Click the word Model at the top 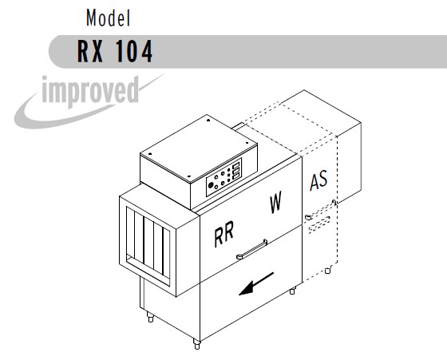click(x=108, y=18)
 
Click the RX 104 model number click(x=115, y=51)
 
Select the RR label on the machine click(x=224, y=233)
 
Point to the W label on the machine click(x=275, y=202)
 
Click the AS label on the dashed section click(x=318, y=180)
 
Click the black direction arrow click(x=256, y=283)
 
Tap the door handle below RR click(x=252, y=249)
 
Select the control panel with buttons click(x=224, y=177)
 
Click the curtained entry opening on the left click(x=148, y=246)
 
